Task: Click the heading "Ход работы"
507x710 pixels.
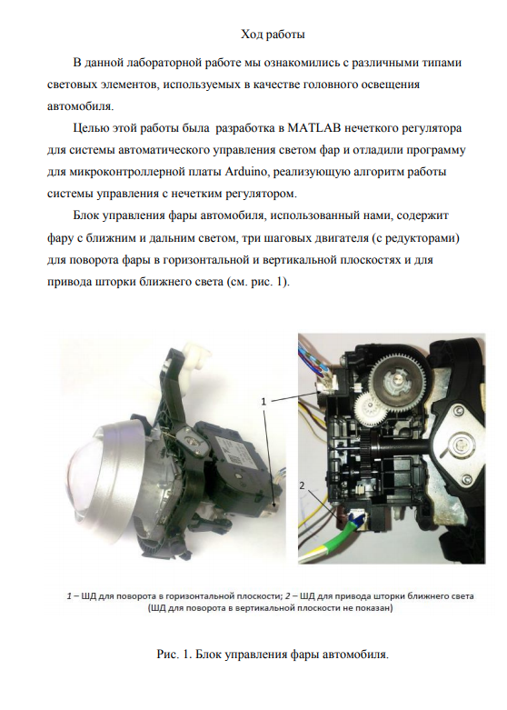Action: (273, 34)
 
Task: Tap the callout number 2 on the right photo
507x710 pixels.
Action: (303, 485)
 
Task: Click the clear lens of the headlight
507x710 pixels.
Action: (89, 475)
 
